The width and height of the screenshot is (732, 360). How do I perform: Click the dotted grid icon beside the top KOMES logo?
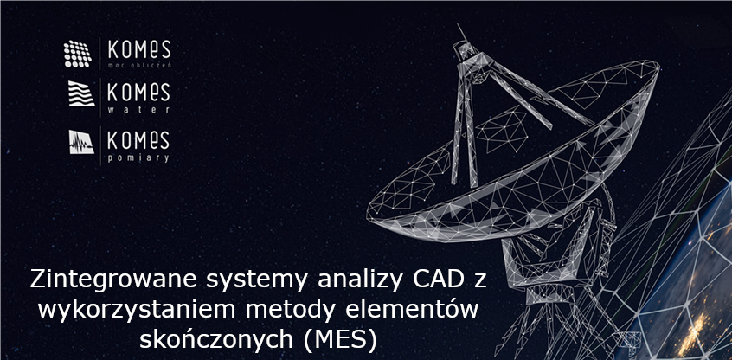78,54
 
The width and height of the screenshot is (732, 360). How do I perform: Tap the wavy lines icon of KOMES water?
81,93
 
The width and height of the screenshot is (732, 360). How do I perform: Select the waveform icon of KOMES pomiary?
81,142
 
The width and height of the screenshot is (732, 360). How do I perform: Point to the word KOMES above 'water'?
139,91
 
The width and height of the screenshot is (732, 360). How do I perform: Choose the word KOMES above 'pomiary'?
139,138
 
